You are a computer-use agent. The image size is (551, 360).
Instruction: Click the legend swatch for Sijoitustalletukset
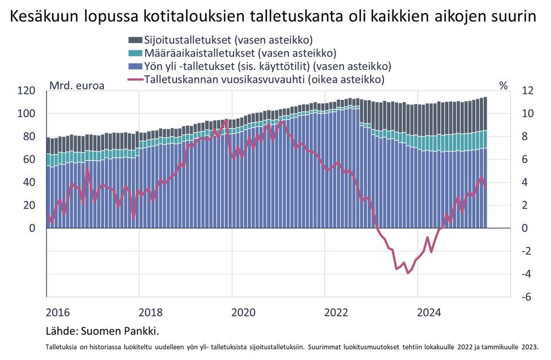(135, 40)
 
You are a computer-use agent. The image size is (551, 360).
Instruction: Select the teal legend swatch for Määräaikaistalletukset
(135, 53)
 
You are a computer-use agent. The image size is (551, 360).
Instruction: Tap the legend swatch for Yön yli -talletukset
(135, 66)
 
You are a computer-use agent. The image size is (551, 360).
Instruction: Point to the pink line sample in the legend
(135, 79)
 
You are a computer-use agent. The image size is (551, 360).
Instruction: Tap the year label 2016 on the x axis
(57, 313)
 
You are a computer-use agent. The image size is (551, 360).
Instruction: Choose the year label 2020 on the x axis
(243, 313)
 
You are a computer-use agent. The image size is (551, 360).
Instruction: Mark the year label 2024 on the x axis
(429, 313)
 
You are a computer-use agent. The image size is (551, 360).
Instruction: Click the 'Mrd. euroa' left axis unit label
(77, 86)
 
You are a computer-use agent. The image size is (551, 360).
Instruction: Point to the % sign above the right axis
(503, 86)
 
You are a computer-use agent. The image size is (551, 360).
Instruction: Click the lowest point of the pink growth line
(408, 273)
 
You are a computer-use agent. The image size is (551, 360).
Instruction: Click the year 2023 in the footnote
(529, 346)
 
